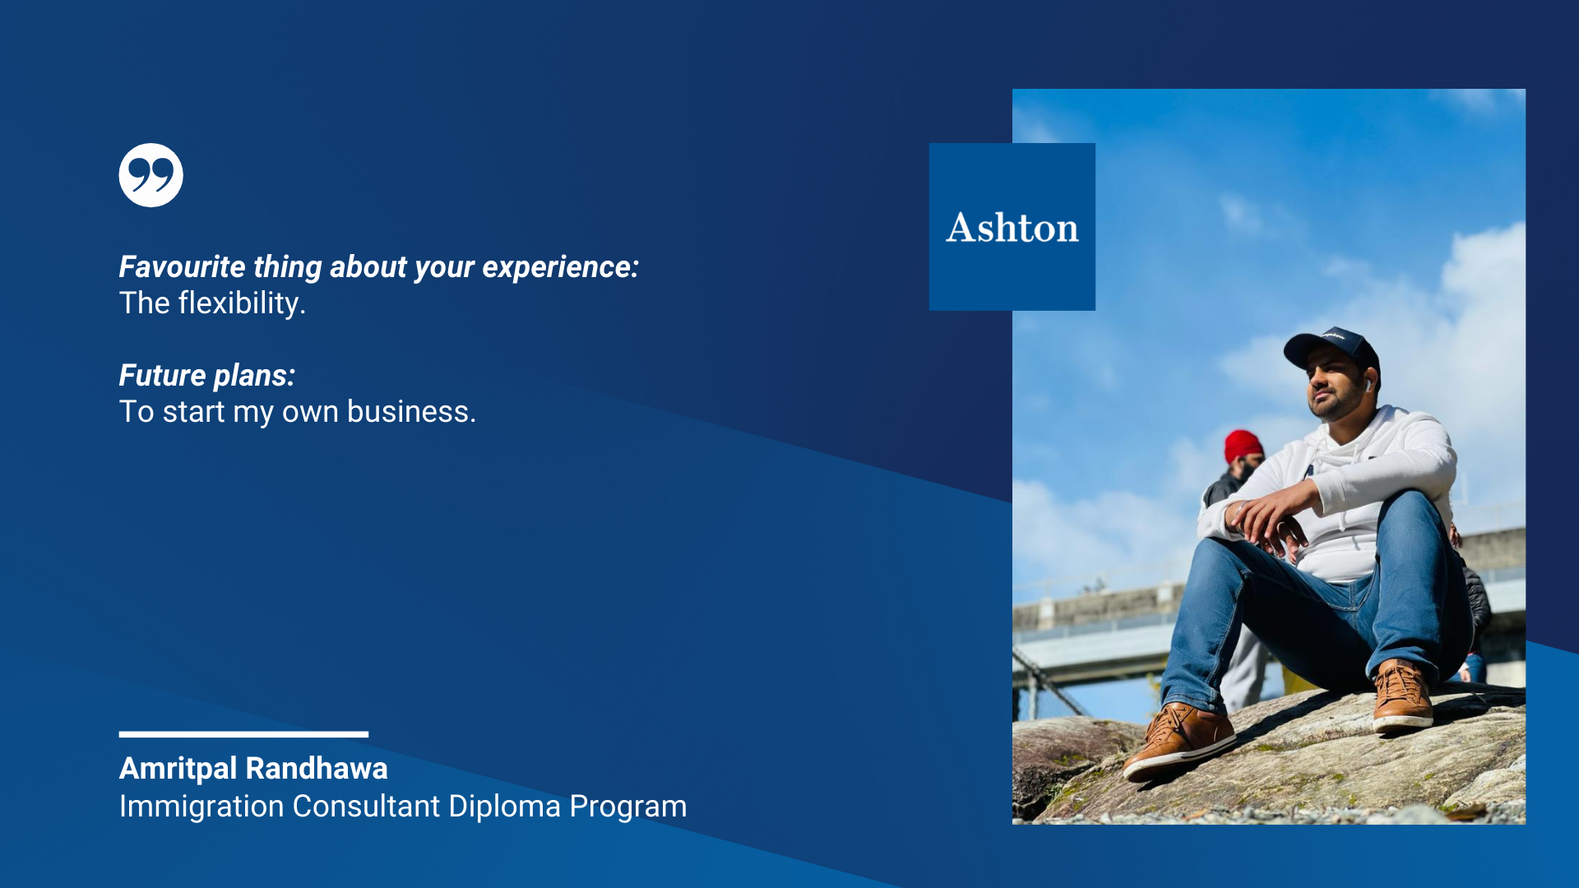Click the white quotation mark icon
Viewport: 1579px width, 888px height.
pos(150,175)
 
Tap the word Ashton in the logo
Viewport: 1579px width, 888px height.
pos(1012,228)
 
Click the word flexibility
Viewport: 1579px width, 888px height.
pos(242,304)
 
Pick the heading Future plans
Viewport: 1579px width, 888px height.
pos(207,377)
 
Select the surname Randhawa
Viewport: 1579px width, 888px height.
pos(317,769)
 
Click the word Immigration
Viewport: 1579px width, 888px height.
pos(201,807)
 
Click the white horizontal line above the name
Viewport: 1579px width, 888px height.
pos(243,734)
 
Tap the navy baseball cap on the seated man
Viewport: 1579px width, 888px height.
pos(1331,348)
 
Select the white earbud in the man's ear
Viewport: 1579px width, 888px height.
pos(1367,385)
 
